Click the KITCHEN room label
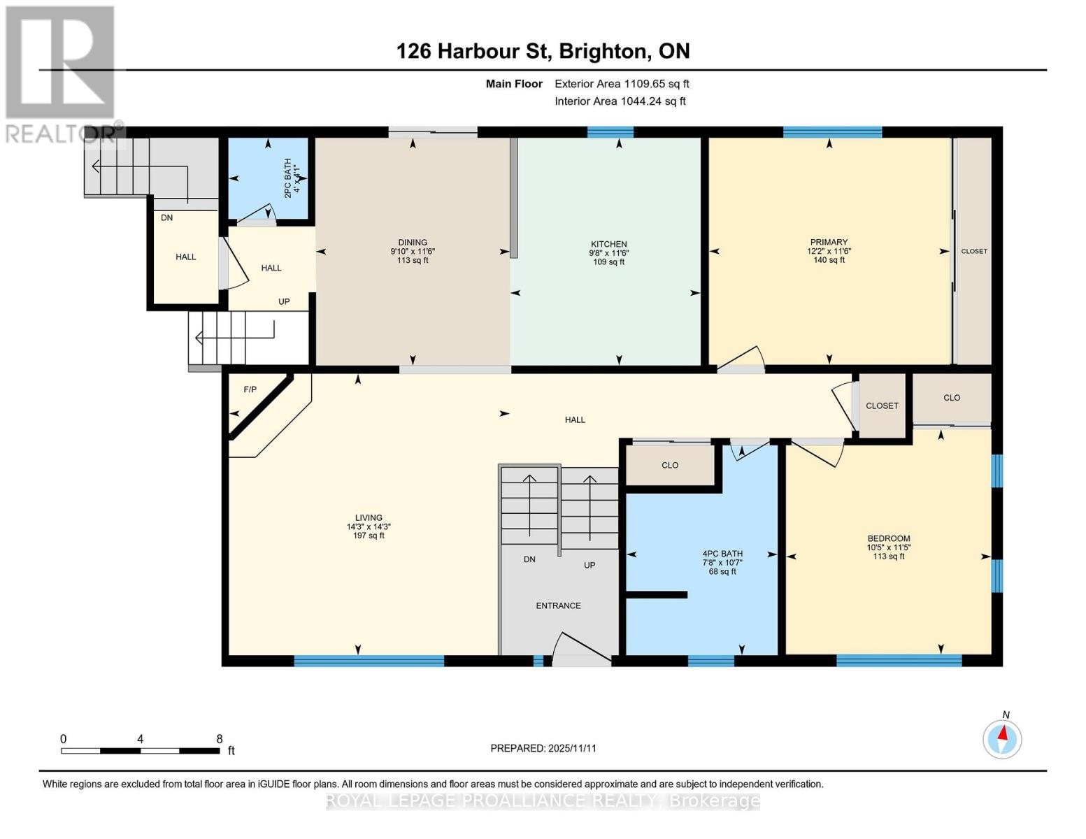[608, 244]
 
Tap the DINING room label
[413, 243]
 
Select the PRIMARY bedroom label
[829, 242]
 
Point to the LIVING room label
[369, 518]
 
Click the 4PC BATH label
[722, 554]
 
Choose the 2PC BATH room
[269, 178]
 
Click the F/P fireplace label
[250, 389]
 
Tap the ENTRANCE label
[558, 605]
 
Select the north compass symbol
[1002, 738]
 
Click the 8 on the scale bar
[220, 739]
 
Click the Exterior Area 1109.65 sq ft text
[622, 84]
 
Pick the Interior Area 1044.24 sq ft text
[620, 101]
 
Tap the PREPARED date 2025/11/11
[543, 748]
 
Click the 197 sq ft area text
[369, 536]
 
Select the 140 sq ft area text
[829, 260]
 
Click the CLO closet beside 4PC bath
[669, 465]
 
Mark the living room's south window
[369, 661]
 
